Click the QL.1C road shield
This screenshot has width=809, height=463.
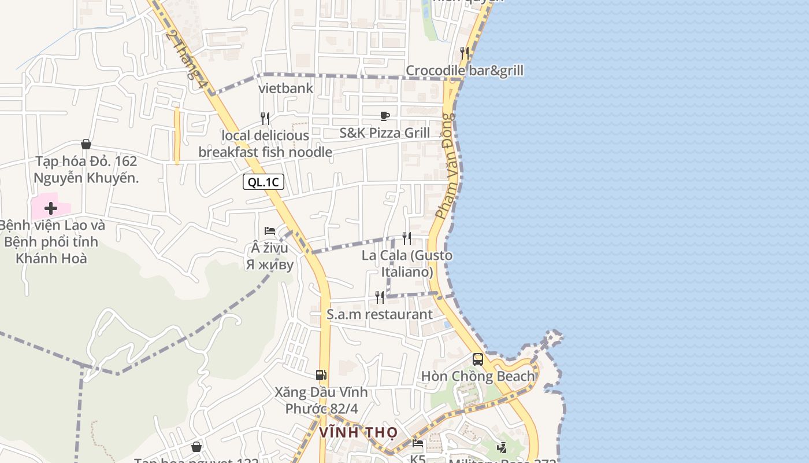click(264, 182)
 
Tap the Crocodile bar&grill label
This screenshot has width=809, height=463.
click(464, 71)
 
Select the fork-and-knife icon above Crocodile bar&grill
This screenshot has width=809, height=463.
click(465, 53)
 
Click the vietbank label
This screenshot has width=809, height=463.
click(285, 89)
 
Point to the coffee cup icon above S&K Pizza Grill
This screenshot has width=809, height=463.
click(385, 116)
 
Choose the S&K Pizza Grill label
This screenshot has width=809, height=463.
click(384, 133)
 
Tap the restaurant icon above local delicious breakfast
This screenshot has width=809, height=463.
click(265, 119)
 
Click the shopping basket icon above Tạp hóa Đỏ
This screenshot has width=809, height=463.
click(86, 144)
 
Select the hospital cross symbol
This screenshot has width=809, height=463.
click(51, 208)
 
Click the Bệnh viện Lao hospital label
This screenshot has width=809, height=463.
click(51, 242)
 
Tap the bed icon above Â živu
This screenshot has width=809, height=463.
click(270, 231)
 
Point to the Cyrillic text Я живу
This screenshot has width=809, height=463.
click(270, 265)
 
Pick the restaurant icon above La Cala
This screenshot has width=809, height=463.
click(407, 238)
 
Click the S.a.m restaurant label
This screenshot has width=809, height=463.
click(379, 315)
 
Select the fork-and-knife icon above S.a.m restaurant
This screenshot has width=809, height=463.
click(380, 297)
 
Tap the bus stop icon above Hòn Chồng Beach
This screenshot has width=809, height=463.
click(478, 359)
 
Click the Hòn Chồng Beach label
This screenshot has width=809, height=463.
click(478, 377)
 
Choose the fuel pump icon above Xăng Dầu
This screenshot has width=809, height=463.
click(321, 375)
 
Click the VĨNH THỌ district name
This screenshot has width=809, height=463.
click(358, 432)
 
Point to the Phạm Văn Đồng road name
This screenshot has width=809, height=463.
click(446, 167)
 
